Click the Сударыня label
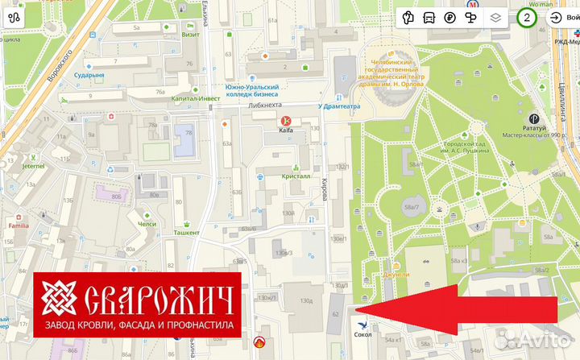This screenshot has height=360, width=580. pos(89,75)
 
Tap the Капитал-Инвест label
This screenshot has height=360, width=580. pos(190,98)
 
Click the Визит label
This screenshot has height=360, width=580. pos(191,35)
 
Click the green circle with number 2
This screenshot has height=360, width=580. pos(527,17)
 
